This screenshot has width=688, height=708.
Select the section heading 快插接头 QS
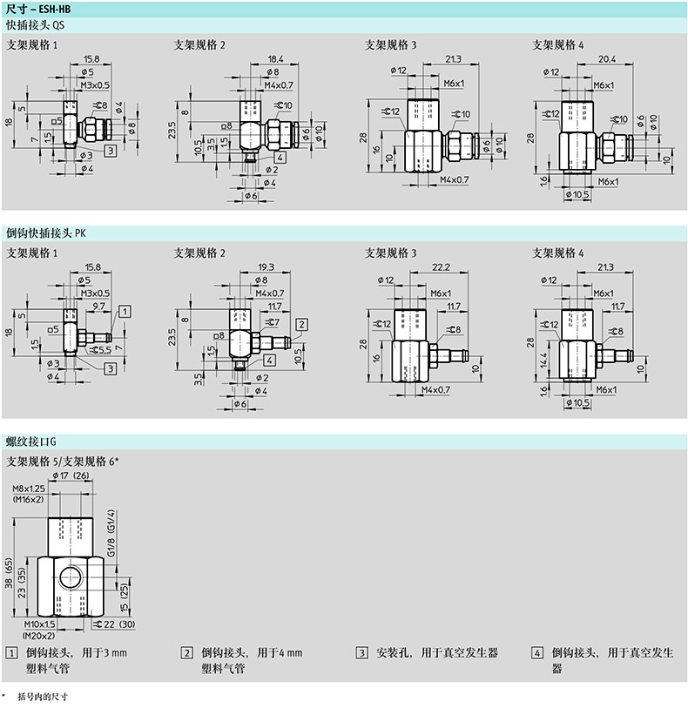(x=34, y=25)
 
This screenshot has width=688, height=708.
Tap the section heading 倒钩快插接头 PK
(x=46, y=233)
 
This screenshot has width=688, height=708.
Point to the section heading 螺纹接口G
(x=32, y=442)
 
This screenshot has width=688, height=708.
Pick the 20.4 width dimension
(x=608, y=59)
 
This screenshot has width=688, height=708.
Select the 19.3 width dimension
(x=266, y=267)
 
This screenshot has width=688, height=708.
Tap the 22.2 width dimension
(x=440, y=266)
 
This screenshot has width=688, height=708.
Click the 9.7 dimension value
(x=98, y=307)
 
